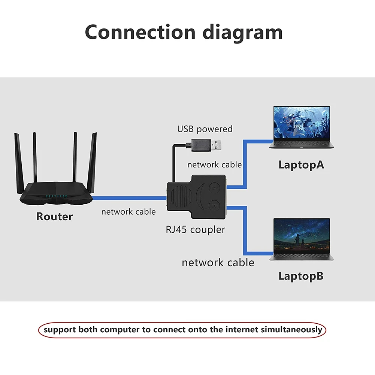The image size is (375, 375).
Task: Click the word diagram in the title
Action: [x=243, y=33]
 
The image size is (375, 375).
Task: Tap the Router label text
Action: [x=54, y=217]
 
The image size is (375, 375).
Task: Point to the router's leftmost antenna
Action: [x=18, y=157]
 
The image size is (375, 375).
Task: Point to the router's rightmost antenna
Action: [x=92, y=157]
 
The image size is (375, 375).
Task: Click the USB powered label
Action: [x=205, y=129]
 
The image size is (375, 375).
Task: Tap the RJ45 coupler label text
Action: [x=195, y=229]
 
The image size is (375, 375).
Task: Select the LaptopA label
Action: [x=301, y=165]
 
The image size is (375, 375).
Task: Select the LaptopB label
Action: [x=301, y=276]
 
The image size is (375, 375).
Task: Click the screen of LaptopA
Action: [x=302, y=123]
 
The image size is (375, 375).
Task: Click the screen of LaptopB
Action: [x=302, y=235]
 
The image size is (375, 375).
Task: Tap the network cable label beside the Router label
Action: [x=128, y=212]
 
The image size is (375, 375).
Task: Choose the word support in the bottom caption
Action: [x=60, y=330]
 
